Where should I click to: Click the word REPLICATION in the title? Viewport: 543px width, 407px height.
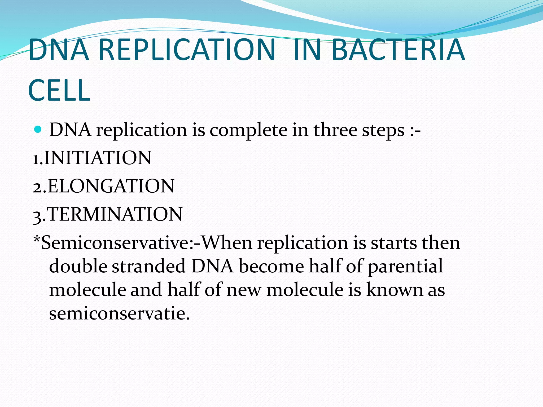[187, 50]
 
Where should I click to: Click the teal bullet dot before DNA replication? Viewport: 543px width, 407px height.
[38, 130]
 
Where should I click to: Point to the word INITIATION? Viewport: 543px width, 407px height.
[98, 158]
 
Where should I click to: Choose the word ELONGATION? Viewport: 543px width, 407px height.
[111, 186]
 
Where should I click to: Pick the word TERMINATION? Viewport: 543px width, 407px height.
[115, 214]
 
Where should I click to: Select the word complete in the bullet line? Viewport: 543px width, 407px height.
[248, 130]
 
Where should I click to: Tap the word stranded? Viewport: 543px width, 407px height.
[148, 266]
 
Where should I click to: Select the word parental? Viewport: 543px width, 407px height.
[405, 267]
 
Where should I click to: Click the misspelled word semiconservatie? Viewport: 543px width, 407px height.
[119, 313]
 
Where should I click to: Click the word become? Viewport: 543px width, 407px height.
[271, 266]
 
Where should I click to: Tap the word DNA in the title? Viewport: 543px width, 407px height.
[59, 50]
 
